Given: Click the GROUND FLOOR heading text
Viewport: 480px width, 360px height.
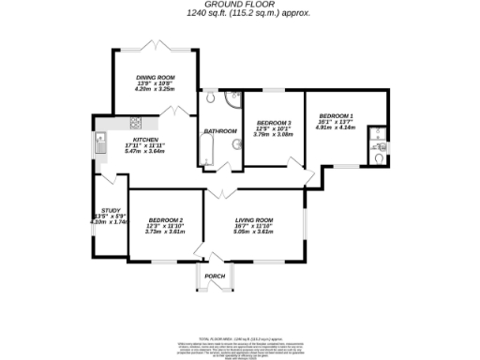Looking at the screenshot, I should (x=239, y=5).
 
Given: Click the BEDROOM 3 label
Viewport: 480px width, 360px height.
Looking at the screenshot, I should (x=274, y=123).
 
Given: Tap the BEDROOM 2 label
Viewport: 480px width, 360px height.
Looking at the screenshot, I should (x=164, y=219).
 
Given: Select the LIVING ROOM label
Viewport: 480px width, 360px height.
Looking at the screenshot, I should (x=253, y=219).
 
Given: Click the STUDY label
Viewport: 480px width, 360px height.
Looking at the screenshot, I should (x=109, y=210).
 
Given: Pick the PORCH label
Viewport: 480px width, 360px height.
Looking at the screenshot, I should (x=216, y=276).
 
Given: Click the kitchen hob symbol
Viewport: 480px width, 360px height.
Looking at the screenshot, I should (x=135, y=122).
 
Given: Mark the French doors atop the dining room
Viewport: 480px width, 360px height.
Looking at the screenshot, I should (x=155, y=47).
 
